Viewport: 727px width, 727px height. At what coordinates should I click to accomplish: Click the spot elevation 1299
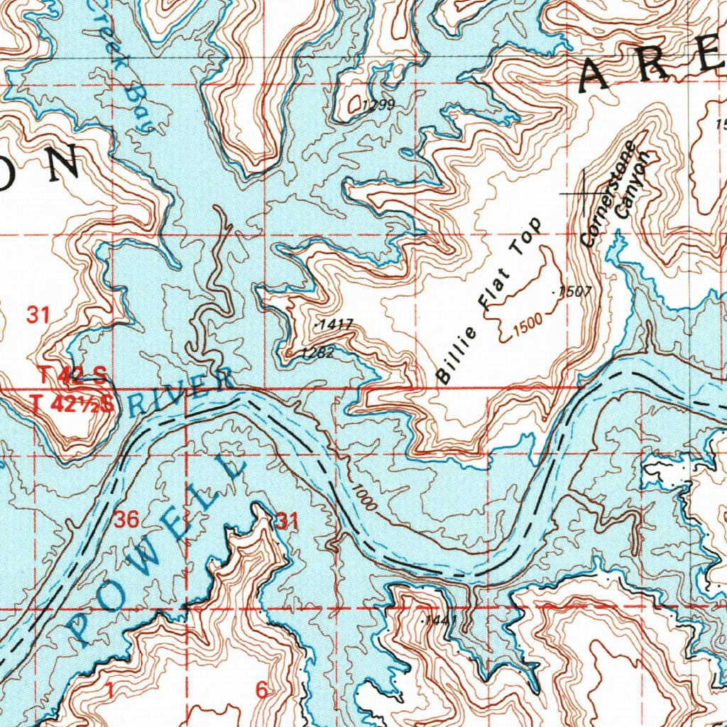tap(377, 106)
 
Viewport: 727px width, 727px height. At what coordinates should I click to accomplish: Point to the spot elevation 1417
tap(336, 324)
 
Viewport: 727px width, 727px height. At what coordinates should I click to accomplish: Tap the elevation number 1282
tap(317, 353)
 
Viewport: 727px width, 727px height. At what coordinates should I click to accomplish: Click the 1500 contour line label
tap(528, 322)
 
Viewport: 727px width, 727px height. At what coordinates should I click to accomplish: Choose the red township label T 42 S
tap(72, 375)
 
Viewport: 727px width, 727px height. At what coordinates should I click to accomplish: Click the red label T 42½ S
tap(72, 404)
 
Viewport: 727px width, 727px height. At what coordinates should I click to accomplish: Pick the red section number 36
tap(126, 520)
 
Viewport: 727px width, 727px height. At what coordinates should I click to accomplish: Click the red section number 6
tap(263, 689)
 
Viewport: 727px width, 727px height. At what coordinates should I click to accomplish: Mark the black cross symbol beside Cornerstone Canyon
tap(583, 193)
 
